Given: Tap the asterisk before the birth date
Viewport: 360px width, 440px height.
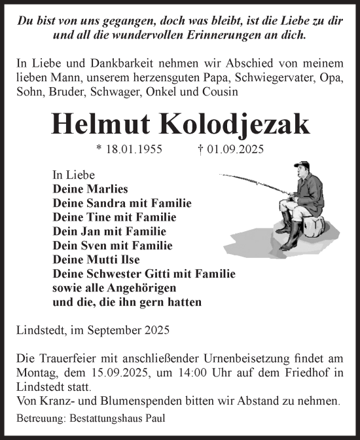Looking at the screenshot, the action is [98, 149].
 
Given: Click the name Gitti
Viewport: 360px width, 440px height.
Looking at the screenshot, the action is [149, 274].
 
